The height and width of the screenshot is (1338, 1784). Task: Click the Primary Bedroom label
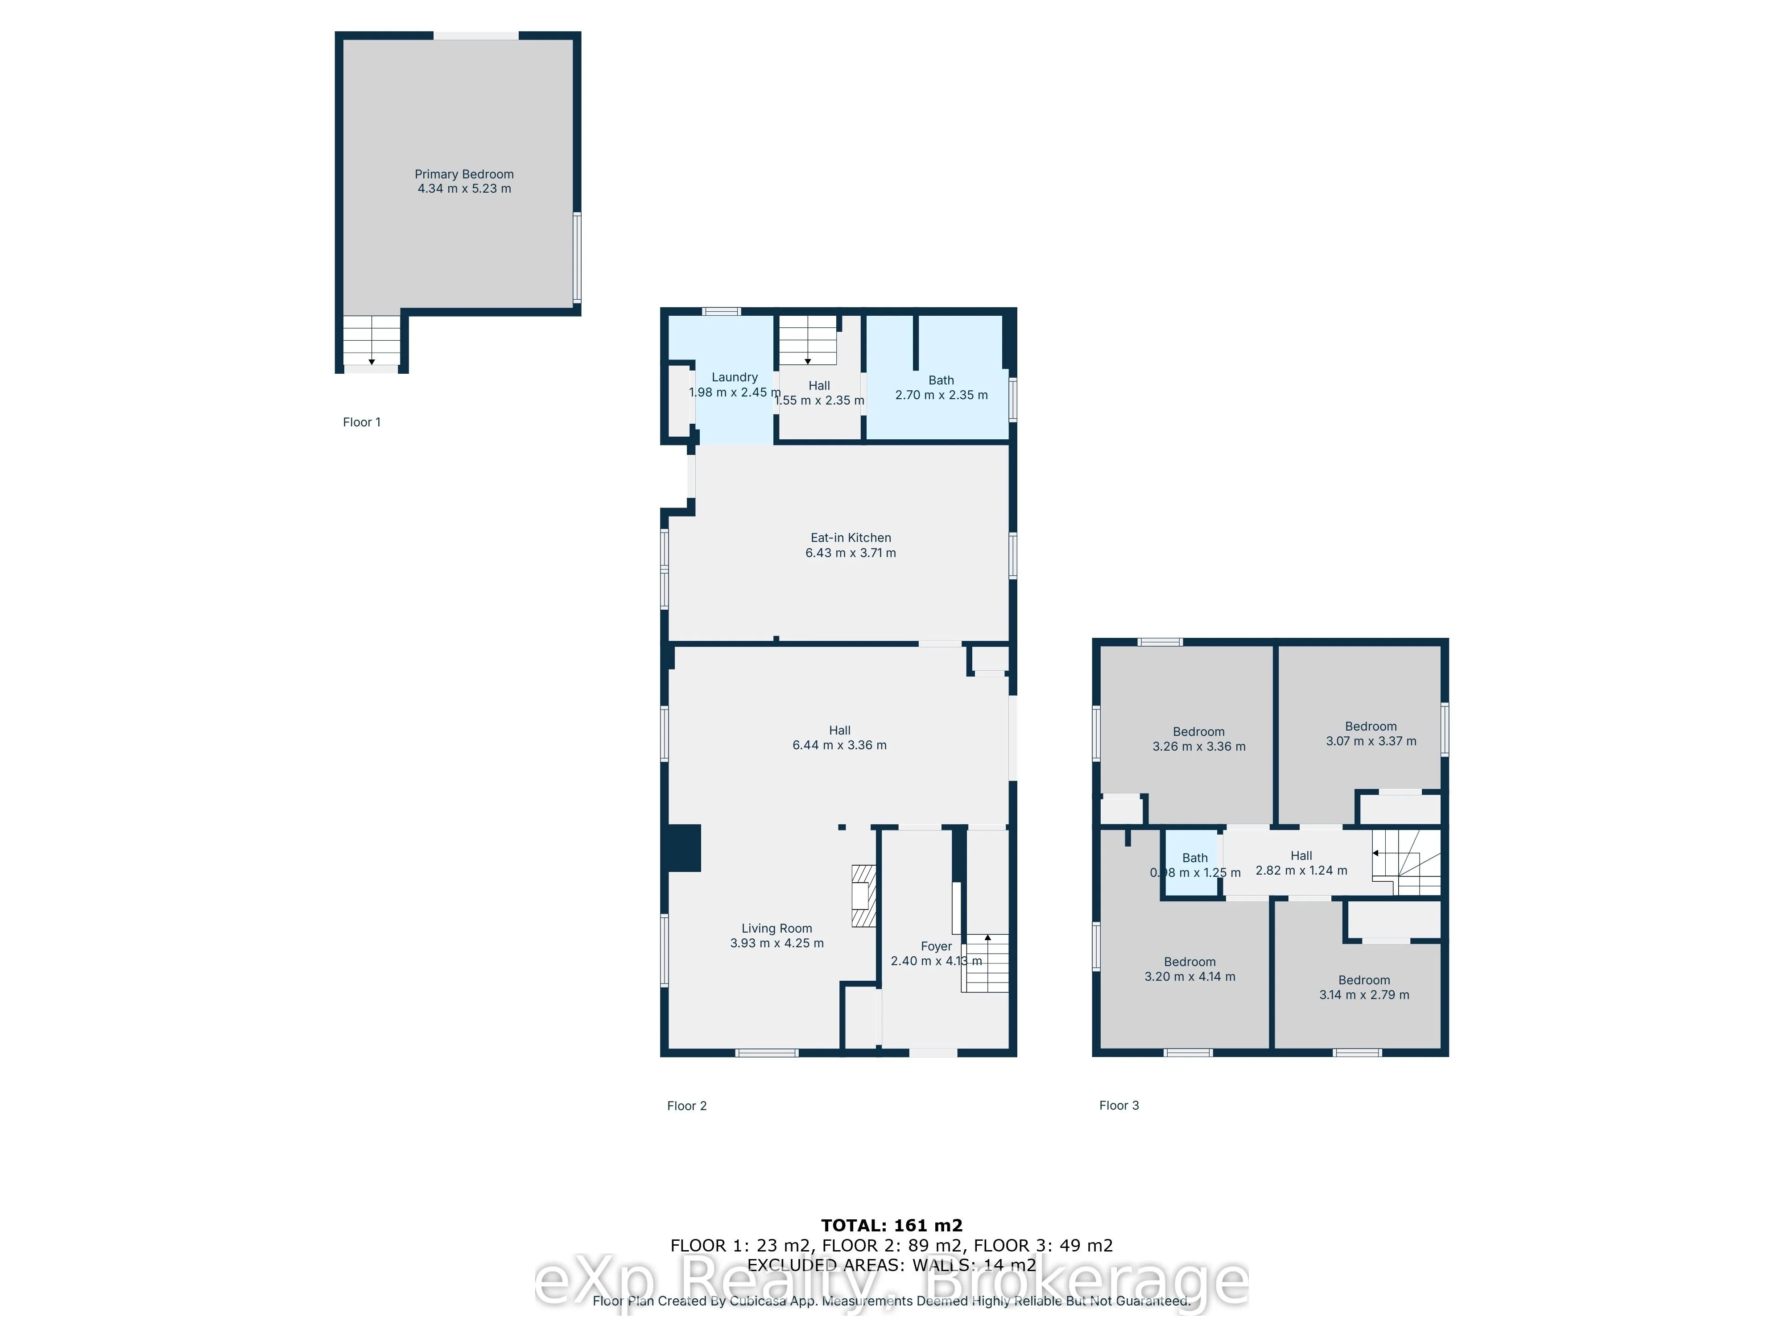(x=464, y=174)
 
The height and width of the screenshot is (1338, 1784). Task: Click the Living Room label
(x=776, y=928)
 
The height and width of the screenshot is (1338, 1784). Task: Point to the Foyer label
(x=936, y=946)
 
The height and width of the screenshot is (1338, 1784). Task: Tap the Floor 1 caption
(x=361, y=422)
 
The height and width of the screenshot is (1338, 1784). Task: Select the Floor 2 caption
(x=686, y=1106)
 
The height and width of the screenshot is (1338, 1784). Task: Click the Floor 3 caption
(x=1119, y=1105)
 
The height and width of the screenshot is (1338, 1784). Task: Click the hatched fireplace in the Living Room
(x=864, y=895)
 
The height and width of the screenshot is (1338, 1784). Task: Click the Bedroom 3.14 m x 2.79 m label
(x=1364, y=987)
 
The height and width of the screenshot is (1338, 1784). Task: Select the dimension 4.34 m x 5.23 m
(x=464, y=189)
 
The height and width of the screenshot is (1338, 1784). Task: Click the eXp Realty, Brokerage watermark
(x=891, y=1282)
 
